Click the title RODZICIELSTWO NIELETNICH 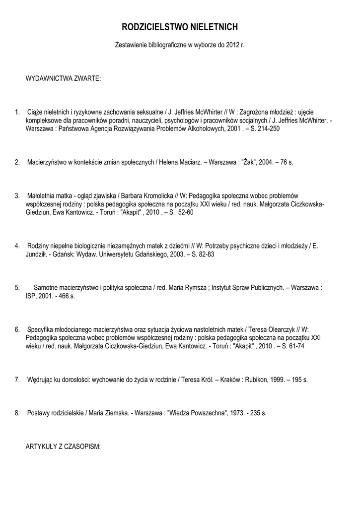tap(180, 27)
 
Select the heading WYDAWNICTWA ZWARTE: tap(63, 79)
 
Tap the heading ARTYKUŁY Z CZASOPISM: tap(63, 446)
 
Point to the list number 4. tap(17, 246)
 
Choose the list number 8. tap(17, 413)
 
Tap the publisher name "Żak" tap(248, 162)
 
